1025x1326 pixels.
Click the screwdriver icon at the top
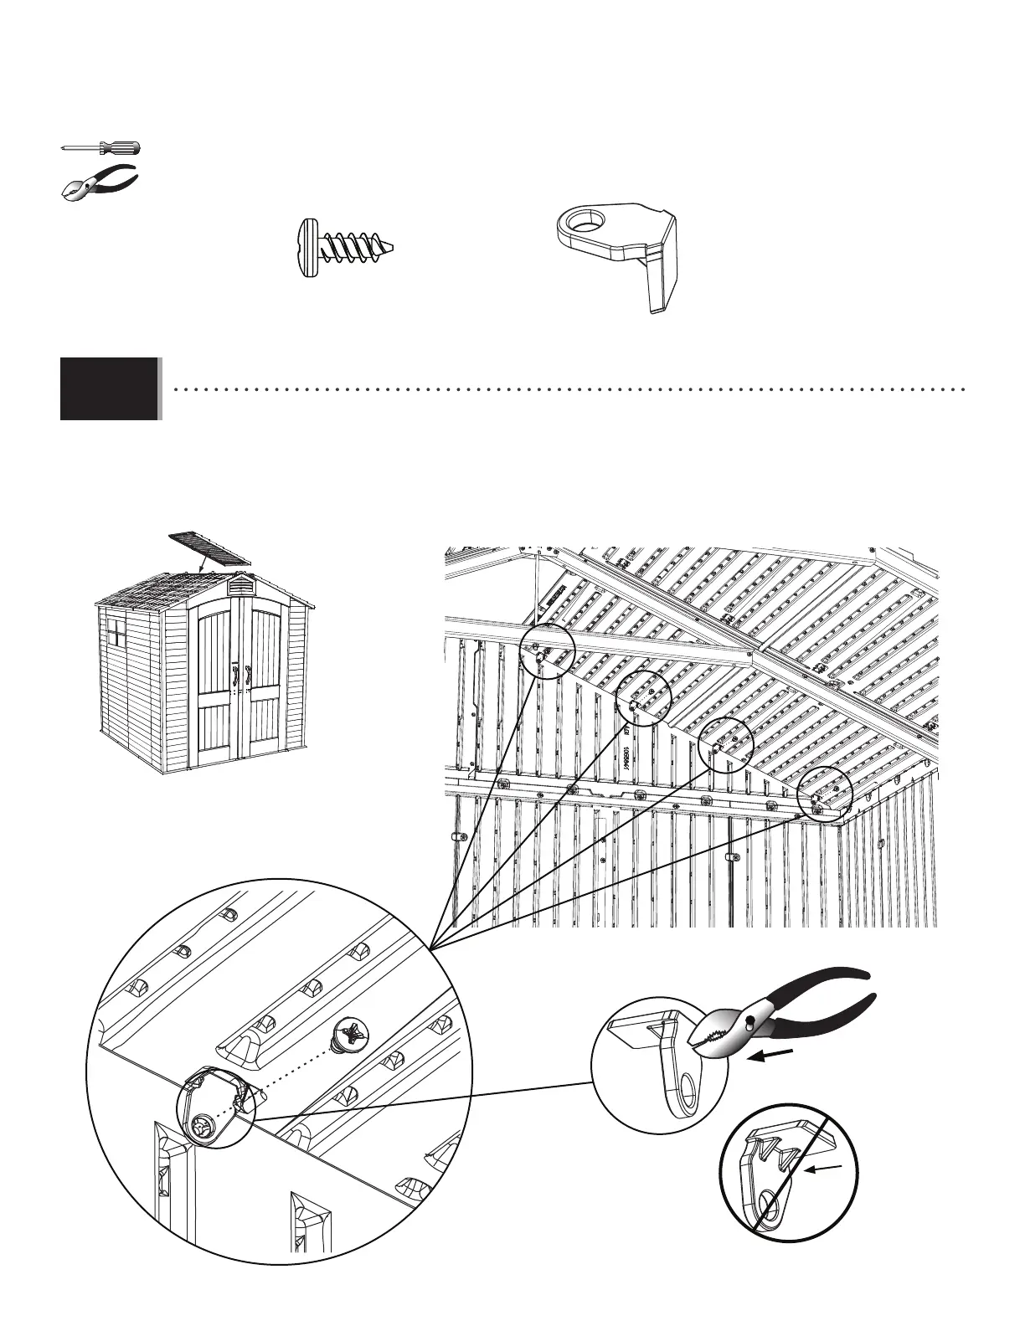point(100,148)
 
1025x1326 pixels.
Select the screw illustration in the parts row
point(343,247)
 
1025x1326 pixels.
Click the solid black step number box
point(109,388)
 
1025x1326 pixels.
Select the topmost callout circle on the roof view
point(548,650)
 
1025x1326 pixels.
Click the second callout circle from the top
point(644,698)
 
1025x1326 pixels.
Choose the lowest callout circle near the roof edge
point(824,794)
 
